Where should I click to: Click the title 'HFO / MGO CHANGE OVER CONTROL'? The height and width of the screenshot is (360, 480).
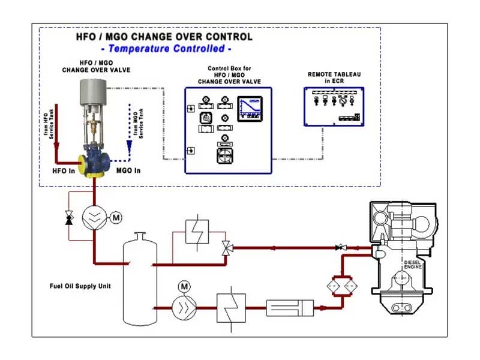click(164, 37)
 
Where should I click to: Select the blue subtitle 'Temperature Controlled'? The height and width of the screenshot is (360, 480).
click(167, 49)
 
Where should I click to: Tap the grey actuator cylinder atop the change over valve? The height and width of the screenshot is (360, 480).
click(97, 94)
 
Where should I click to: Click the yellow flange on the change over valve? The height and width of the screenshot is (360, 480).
click(81, 163)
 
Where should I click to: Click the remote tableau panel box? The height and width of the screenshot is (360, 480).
click(334, 106)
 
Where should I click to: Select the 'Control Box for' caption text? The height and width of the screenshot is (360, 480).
click(227, 69)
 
